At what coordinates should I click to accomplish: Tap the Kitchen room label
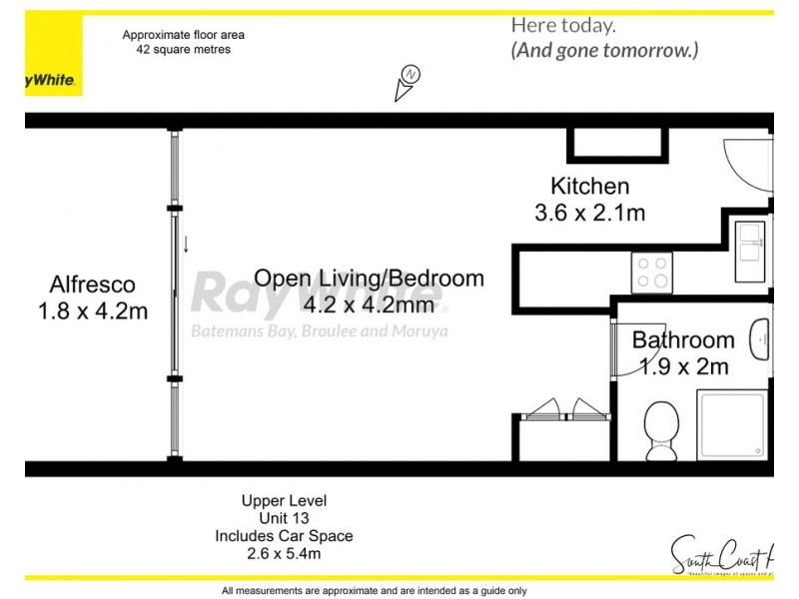(x=590, y=186)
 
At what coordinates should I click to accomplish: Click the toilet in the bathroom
(x=660, y=431)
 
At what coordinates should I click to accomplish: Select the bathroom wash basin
(x=762, y=341)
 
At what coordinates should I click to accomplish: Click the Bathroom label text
(x=682, y=339)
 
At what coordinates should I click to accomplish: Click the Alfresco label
(x=93, y=285)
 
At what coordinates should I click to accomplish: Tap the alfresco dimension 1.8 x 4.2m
(x=93, y=311)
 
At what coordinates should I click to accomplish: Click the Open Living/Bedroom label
(x=369, y=279)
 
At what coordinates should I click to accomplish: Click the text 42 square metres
(x=183, y=49)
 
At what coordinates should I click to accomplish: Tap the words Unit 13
(x=284, y=518)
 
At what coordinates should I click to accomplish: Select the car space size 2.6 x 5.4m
(x=284, y=553)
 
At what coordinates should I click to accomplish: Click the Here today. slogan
(x=563, y=26)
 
